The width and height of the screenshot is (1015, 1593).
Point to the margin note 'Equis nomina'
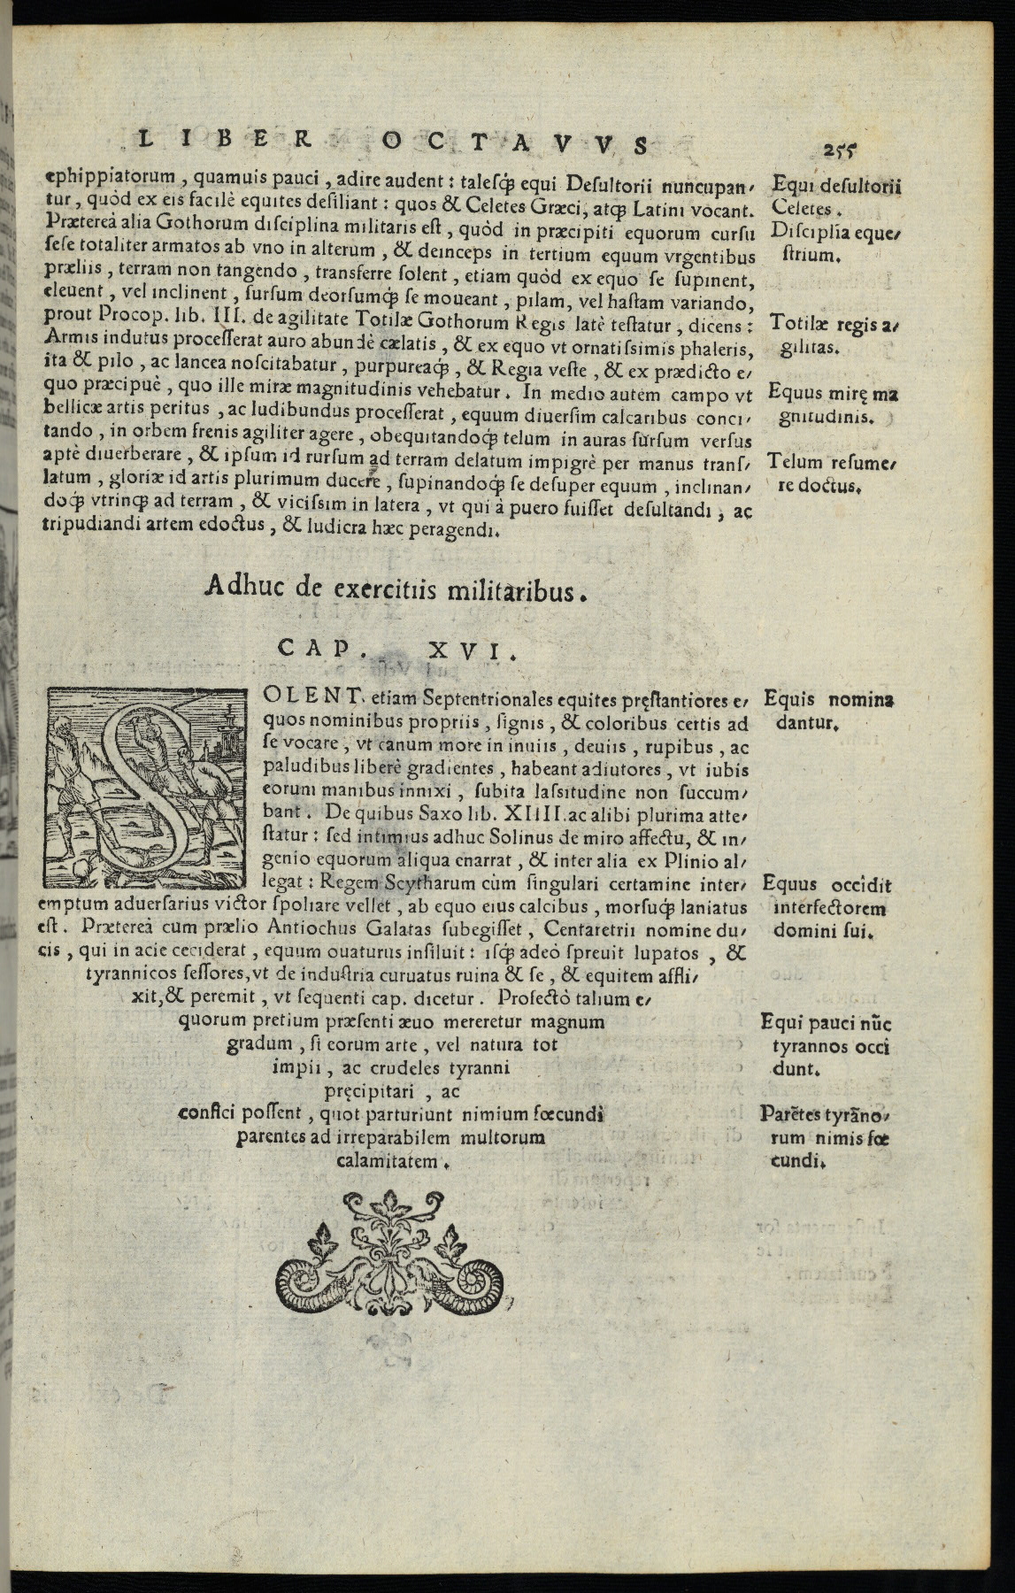click(828, 699)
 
